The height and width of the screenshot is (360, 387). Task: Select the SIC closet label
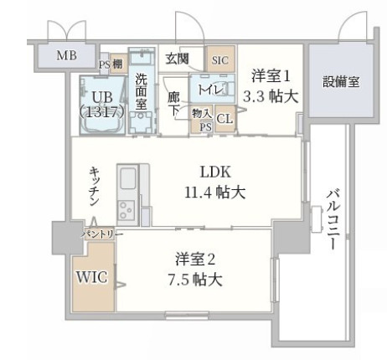point(219,60)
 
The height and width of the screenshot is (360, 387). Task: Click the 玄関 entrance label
point(177,58)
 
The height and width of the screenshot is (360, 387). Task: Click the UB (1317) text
point(101,102)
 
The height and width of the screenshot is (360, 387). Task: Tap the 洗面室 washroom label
point(142,93)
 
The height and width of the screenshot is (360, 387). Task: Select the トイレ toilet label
point(204,86)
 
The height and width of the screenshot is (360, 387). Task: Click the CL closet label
point(224,119)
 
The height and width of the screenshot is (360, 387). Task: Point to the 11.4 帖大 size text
point(214,192)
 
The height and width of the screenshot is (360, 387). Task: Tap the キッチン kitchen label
point(95,185)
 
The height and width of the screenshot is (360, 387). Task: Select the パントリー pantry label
point(101,235)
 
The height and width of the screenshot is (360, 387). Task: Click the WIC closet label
point(91,277)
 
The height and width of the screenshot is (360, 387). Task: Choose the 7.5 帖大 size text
point(198,280)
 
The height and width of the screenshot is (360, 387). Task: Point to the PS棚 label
point(113,64)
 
